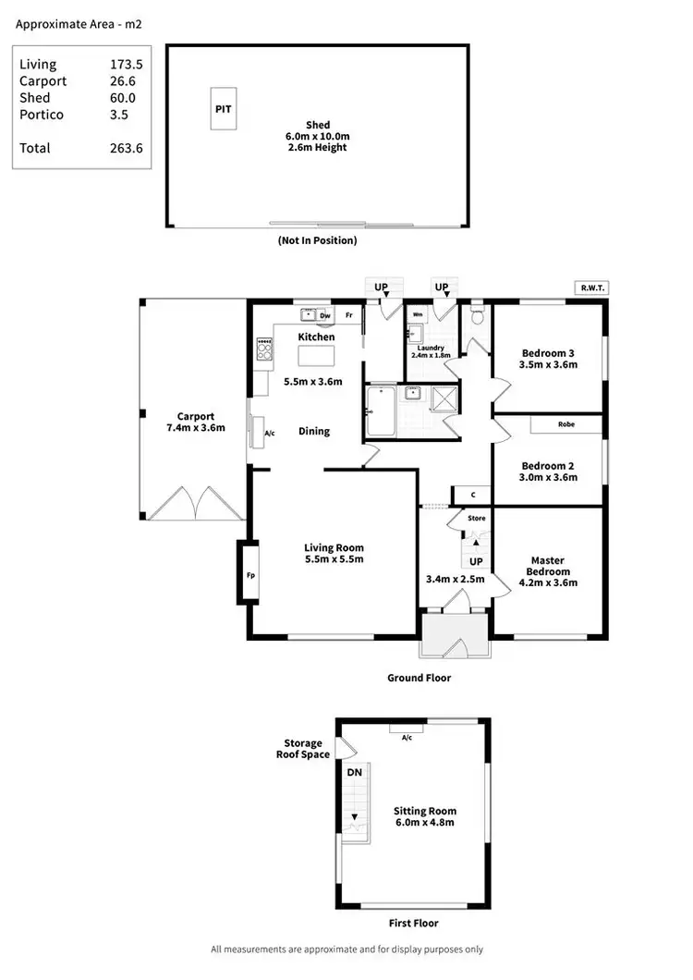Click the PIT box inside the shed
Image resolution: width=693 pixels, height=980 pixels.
(224, 108)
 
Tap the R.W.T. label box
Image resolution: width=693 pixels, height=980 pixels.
(590, 288)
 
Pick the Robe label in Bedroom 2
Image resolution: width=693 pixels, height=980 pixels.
(566, 424)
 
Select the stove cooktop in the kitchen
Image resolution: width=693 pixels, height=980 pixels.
(264, 349)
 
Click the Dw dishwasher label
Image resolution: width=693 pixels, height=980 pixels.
(325, 315)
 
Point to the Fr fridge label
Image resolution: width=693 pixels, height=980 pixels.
(350, 315)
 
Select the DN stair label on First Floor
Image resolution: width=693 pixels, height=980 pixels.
(354, 772)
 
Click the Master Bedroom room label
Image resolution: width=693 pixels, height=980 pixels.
(547, 566)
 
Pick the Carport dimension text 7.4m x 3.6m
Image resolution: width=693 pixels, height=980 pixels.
(195, 428)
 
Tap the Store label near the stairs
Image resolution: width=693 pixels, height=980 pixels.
(476, 519)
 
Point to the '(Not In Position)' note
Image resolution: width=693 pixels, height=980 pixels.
(317, 240)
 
